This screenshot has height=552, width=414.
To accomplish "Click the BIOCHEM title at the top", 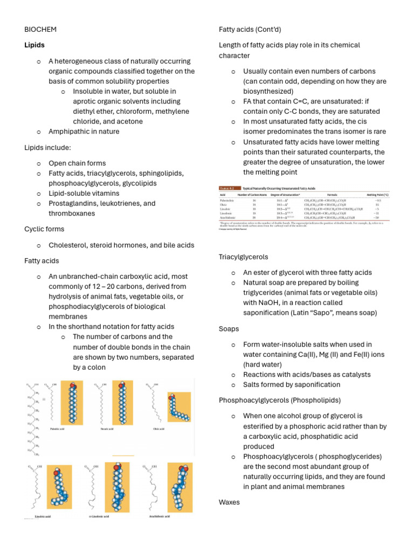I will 40,29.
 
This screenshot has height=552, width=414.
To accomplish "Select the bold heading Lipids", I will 34,45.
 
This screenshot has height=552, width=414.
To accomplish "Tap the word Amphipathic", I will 70,132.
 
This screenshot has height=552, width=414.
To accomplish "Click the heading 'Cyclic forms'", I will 44,229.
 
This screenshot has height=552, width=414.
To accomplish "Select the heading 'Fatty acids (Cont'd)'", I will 250,29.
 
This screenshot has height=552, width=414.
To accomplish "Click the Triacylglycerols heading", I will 244,257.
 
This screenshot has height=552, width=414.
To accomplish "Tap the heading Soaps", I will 229,328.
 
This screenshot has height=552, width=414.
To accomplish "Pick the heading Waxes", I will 230,502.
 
